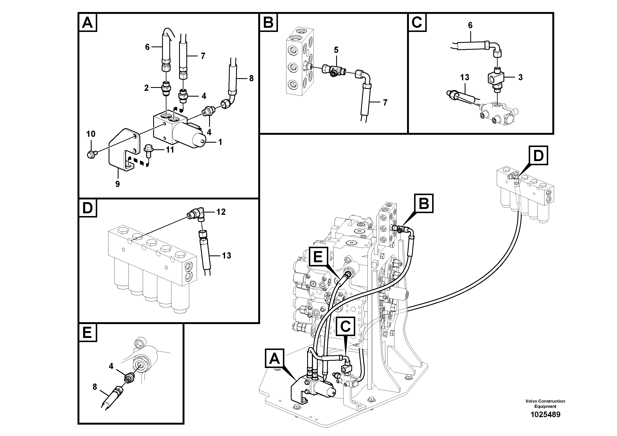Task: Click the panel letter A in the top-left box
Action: pos(87,23)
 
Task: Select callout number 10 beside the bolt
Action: pos(91,134)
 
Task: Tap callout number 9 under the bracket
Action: pos(118,184)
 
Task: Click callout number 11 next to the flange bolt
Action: pos(170,150)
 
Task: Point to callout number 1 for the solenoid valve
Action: pos(220,142)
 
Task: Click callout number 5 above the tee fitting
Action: pos(336,50)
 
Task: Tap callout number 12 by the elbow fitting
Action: pos(221,212)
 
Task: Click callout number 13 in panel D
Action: pos(227,256)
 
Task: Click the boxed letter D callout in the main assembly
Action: pos(538,156)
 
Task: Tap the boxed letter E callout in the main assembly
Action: pos(318,256)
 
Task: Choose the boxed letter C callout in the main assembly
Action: pos(345,327)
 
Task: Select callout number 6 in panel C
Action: pos(470,26)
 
